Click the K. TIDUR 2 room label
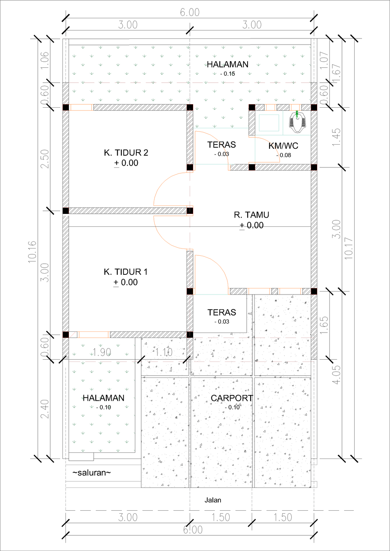click(x=126, y=153)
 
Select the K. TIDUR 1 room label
click(x=125, y=272)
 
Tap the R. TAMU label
click(x=251, y=215)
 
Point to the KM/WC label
click(x=283, y=146)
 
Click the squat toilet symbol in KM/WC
click(x=297, y=122)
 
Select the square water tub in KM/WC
click(x=269, y=123)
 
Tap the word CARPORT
click(x=232, y=398)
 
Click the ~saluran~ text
click(x=92, y=473)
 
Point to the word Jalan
click(x=213, y=500)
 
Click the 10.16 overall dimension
click(x=32, y=252)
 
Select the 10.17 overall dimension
click(x=348, y=248)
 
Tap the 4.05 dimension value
click(x=336, y=375)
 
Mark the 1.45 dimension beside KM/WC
click(x=336, y=137)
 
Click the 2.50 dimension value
click(x=45, y=159)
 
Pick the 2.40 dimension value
click(x=45, y=409)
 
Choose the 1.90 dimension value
click(x=102, y=352)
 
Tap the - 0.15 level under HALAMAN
click(x=228, y=74)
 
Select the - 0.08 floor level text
click(x=284, y=155)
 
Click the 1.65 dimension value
click(x=324, y=325)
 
